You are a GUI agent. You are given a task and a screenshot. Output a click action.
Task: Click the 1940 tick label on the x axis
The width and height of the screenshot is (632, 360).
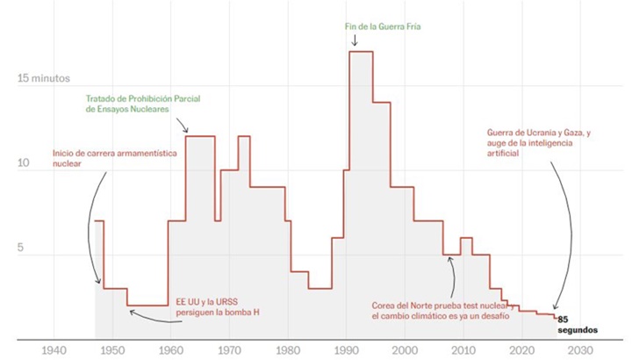54,349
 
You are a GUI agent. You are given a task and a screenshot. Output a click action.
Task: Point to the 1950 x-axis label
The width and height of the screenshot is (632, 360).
112,349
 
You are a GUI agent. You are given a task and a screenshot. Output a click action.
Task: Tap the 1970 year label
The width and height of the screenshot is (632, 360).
229,349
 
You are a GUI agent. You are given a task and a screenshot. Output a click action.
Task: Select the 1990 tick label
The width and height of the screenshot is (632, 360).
346,349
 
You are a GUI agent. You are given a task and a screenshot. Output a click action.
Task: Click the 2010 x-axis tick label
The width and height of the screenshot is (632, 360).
463,349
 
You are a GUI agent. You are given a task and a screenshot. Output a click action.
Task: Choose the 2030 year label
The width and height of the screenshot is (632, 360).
579,349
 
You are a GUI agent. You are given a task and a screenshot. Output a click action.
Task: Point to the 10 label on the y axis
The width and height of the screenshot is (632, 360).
25,164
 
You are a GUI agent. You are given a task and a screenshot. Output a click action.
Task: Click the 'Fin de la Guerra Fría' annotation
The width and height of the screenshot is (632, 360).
383,27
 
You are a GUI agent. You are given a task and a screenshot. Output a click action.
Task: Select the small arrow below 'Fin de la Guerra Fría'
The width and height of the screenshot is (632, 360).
355,40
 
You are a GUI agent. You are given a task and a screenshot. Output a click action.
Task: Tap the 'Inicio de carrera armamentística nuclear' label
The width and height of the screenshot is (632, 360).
114,157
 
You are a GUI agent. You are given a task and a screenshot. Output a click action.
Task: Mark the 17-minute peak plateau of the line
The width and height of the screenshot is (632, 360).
361,52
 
